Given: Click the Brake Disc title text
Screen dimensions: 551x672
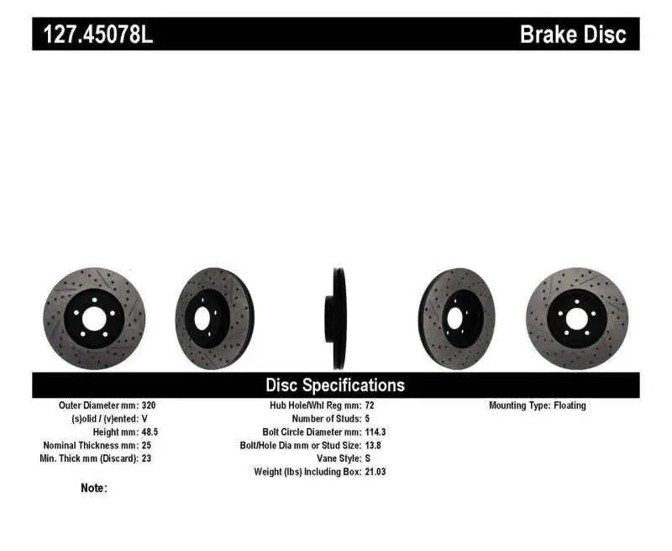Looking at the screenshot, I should coord(573,34).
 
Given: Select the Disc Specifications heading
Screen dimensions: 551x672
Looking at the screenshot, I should coord(335,385).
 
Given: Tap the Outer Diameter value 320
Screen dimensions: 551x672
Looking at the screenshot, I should coord(148,405).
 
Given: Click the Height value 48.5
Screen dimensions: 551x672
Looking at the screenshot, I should coord(150,432).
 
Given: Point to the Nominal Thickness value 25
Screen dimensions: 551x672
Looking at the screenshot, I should coord(147,445).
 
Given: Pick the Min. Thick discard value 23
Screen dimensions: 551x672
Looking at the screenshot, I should coord(147,458).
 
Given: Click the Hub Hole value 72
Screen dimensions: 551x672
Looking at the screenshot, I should coord(370,405).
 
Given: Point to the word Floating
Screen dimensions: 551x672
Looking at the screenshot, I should coord(570,405).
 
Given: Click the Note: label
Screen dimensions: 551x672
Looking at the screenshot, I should coord(94,488).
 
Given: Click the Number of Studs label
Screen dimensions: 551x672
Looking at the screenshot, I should coord(326,419).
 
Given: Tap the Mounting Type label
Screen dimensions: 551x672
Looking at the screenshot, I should coord(518,405).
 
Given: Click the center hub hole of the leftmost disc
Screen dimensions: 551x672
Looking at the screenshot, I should coord(93,319).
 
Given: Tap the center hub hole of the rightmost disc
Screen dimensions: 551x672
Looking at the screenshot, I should coord(575,319).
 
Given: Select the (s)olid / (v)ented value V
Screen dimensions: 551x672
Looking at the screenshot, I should coord(144,419).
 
